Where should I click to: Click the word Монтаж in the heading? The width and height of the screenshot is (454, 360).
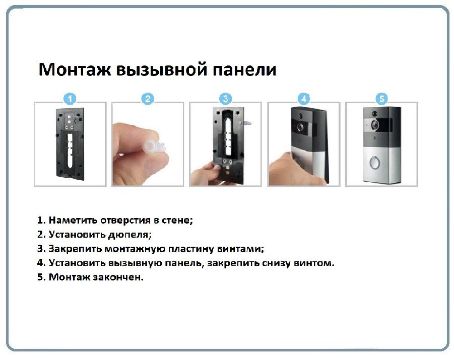click(75, 69)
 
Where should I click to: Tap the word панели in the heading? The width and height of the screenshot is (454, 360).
click(244, 70)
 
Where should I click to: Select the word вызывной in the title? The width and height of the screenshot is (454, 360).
click(162, 70)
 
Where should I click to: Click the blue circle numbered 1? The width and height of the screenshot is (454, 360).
click(70, 99)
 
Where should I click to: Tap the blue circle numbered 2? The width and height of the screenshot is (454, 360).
click(148, 99)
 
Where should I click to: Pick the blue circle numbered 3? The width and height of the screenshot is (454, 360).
click(226, 99)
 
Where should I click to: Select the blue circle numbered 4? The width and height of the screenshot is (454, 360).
click(303, 99)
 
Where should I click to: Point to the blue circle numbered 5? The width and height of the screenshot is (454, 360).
click(381, 99)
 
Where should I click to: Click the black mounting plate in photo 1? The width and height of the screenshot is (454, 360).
click(70, 143)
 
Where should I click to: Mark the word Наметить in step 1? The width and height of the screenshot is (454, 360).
click(73, 220)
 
